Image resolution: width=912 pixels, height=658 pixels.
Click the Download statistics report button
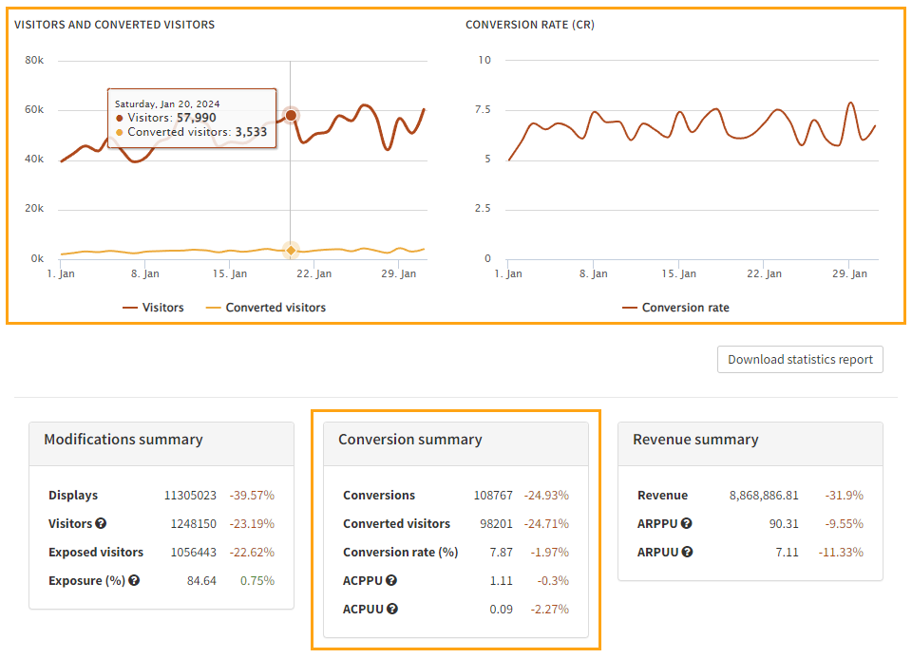click(x=800, y=360)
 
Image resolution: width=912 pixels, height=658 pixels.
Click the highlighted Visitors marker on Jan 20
click(x=291, y=115)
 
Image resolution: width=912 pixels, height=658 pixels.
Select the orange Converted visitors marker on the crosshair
click(x=291, y=250)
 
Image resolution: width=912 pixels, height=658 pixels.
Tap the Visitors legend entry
click(x=153, y=308)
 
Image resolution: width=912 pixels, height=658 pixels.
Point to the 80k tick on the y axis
click(x=34, y=60)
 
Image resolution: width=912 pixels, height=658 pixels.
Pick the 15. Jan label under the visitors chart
click(x=230, y=273)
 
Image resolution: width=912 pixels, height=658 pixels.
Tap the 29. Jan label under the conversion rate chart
click(x=850, y=273)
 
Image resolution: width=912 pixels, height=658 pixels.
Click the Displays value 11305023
click(x=190, y=496)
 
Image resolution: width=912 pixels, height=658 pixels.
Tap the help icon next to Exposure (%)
click(x=134, y=581)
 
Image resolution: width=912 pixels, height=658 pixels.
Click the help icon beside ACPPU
click(x=391, y=581)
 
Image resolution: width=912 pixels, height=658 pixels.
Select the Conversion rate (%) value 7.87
click(x=501, y=553)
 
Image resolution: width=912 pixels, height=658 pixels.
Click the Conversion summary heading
click(x=409, y=440)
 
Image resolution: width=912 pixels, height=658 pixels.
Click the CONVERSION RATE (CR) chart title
click(x=529, y=25)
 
